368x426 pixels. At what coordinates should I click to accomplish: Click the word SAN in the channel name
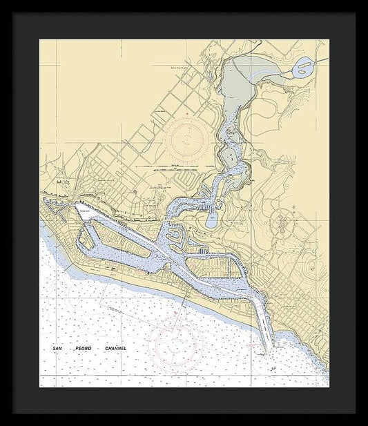coord(57,349)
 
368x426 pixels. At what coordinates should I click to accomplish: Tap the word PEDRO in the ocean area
coord(82,349)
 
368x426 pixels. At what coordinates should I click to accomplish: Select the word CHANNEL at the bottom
coord(116,349)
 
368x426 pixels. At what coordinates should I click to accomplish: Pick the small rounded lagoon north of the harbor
coord(211,220)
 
